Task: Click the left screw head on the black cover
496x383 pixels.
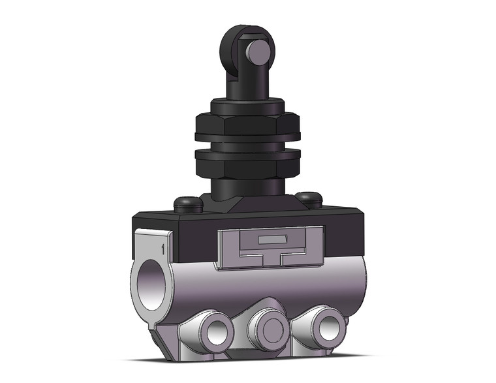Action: (x=187, y=204)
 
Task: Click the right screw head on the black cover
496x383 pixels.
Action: (x=307, y=198)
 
